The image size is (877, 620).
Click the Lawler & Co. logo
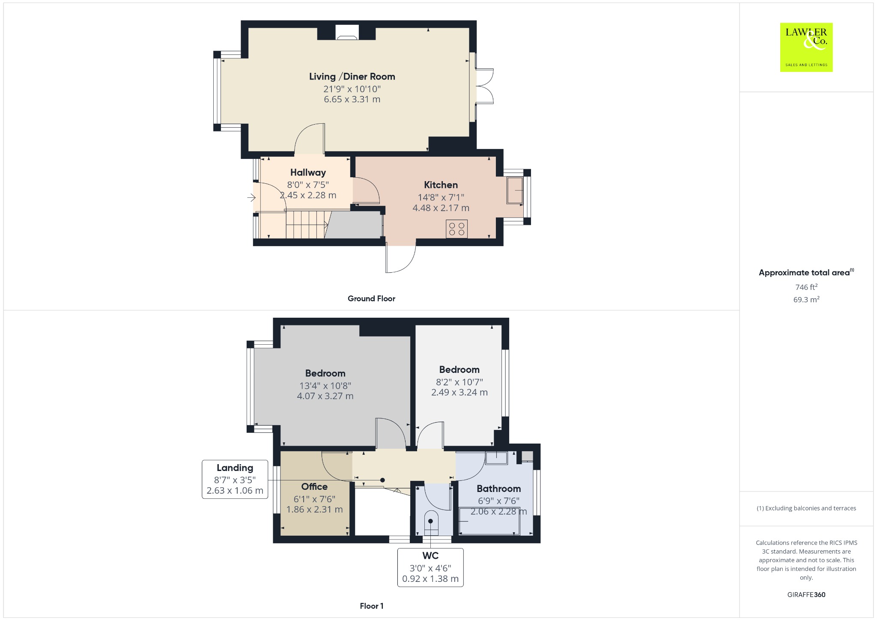pyautogui.click(x=806, y=47)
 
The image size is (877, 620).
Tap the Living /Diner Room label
pyautogui.click(x=352, y=77)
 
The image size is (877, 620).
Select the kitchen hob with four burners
pyautogui.click(x=456, y=229)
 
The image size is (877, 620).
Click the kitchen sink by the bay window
pyautogui.click(x=515, y=190)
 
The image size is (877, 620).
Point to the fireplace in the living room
pyautogui.click(x=346, y=33)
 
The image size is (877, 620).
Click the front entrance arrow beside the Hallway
pyautogui.click(x=251, y=197)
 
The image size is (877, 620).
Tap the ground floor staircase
pyautogui.click(x=306, y=224)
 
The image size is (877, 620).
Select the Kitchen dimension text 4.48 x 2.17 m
pyautogui.click(x=441, y=208)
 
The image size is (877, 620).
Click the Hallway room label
pyautogui.click(x=308, y=173)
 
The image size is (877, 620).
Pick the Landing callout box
pyautogui.click(x=235, y=480)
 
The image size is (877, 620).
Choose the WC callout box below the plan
pyautogui.click(x=430, y=567)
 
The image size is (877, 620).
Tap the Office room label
pyautogui.click(x=314, y=487)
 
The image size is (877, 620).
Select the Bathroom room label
pyautogui.click(x=499, y=489)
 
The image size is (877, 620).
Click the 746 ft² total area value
pyautogui.click(x=806, y=287)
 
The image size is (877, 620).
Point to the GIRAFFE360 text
pyautogui.click(x=806, y=595)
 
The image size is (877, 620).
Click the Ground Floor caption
pyautogui.click(x=371, y=299)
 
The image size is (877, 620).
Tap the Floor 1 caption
pyautogui.click(x=372, y=606)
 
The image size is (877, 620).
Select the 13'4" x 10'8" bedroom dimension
pyautogui.click(x=325, y=386)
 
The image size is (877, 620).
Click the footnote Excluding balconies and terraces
pyautogui.click(x=806, y=508)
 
